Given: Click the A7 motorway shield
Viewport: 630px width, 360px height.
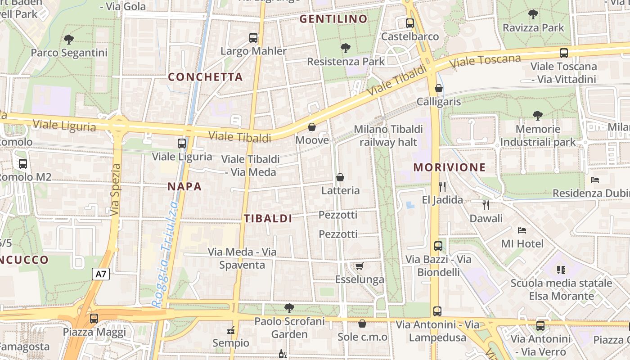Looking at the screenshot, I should (101, 274).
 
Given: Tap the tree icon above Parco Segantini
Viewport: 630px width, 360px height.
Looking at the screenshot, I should (69, 40).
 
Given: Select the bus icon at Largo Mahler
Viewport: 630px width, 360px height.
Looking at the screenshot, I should (253, 38).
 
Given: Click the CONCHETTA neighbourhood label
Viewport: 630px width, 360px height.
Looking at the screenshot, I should (205, 77).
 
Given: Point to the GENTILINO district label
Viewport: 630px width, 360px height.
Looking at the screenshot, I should (333, 19).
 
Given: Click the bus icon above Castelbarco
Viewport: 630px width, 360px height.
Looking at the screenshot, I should (409, 23).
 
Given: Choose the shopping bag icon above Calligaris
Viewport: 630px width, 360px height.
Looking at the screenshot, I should (439, 88).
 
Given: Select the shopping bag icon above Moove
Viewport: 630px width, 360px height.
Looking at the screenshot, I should (312, 127).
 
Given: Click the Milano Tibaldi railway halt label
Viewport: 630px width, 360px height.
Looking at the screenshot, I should (388, 136).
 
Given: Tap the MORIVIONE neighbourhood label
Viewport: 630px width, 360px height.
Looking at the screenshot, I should (450, 167).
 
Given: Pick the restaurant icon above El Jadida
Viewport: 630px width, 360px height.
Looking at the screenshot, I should (442, 186).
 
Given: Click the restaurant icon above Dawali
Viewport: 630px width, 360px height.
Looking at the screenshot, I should (486, 205).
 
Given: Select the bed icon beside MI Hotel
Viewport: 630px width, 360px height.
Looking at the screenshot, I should (522, 230).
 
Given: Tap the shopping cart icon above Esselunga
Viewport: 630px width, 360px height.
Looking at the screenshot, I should (359, 266).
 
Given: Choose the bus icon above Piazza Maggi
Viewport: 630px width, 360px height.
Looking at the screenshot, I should (94, 319).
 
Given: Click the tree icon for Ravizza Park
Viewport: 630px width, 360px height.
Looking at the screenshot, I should (533, 14).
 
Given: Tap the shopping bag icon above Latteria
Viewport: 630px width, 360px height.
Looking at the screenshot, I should (340, 177).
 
